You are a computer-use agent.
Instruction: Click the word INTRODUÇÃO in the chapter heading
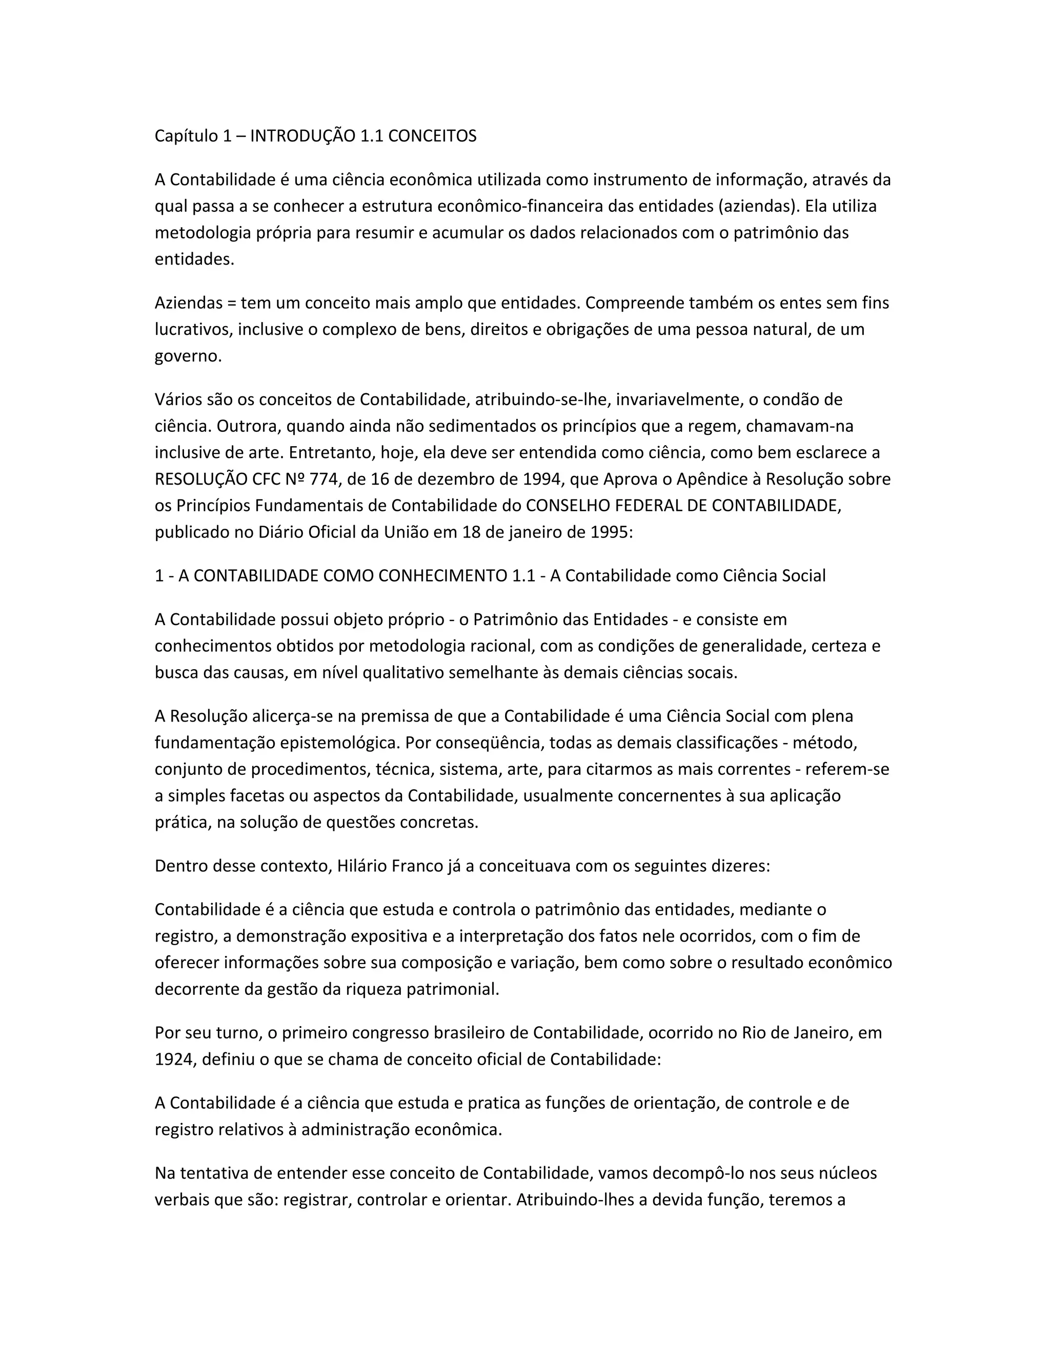[303, 136]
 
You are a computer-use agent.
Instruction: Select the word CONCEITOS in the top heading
[432, 136]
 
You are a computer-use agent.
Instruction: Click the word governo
[187, 356]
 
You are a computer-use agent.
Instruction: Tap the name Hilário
[362, 866]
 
